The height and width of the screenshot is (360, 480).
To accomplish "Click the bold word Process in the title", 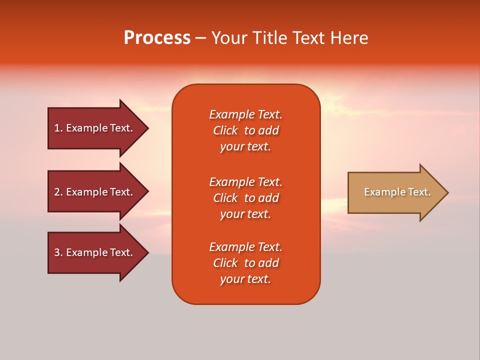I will pyautogui.click(x=157, y=38).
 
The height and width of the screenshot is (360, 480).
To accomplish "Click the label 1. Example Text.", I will pyautogui.click(x=93, y=128).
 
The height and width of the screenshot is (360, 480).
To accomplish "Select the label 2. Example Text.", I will pyautogui.click(x=93, y=192).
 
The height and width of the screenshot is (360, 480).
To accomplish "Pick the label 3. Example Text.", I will pyautogui.click(x=93, y=252).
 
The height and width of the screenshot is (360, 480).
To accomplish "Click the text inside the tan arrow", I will pyautogui.click(x=397, y=192).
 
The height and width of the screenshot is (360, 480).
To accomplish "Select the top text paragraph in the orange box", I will pyautogui.click(x=245, y=130).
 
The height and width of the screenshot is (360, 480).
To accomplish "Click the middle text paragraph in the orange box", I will pyautogui.click(x=245, y=198).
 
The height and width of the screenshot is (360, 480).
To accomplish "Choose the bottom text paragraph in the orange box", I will pyautogui.click(x=245, y=263).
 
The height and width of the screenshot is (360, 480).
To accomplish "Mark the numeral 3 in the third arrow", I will pyautogui.click(x=57, y=252).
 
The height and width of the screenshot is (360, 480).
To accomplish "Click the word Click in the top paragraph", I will pyautogui.click(x=225, y=130).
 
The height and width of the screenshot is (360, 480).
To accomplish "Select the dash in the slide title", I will pyautogui.click(x=200, y=38).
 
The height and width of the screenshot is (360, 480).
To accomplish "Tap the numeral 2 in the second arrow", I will pyautogui.click(x=57, y=192).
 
